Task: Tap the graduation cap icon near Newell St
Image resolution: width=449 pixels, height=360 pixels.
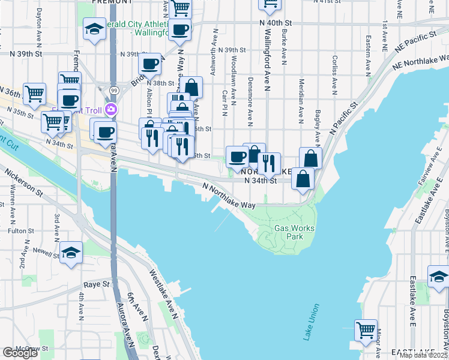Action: [71, 253]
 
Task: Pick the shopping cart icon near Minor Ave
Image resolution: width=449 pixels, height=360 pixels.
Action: [366, 330]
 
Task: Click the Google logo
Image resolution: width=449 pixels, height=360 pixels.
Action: [20, 353]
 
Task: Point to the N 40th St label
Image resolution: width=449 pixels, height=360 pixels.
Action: [276, 22]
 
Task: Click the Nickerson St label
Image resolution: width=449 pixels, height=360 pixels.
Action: [24, 183]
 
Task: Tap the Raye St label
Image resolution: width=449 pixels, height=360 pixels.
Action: [97, 284]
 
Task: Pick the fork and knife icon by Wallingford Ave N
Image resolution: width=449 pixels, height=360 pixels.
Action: [269, 163]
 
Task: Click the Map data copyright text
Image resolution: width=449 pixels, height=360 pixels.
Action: [423, 355]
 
